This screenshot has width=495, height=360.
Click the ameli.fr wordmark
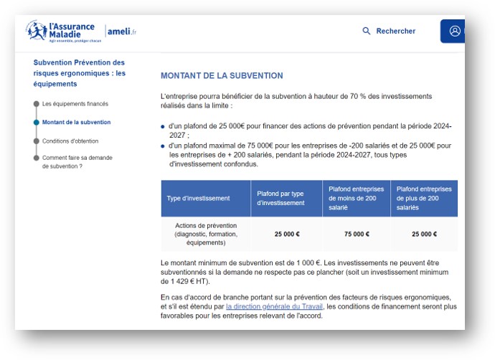point(122,31)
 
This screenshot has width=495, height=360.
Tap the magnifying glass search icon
point(367,31)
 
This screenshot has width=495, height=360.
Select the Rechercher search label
point(395,31)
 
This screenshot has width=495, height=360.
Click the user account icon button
point(454,31)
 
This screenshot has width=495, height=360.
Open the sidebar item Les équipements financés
point(75,104)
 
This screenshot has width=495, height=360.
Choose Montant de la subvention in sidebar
point(76,123)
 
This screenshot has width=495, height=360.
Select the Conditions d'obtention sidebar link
point(70,141)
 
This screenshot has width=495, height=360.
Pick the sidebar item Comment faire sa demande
point(77,161)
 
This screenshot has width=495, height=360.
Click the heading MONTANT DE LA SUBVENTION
point(222,75)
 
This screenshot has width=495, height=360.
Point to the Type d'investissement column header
point(198,198)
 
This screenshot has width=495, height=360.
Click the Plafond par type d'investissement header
point(286,198)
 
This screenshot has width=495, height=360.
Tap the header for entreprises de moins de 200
point(357,198)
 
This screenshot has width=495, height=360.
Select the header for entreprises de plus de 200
point(424,198)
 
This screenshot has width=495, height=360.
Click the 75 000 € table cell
point(357,234)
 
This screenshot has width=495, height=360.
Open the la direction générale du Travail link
point(275,307)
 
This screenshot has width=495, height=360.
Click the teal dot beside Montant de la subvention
point(36,123)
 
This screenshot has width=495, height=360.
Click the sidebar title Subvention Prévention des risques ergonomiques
point(79,73)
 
